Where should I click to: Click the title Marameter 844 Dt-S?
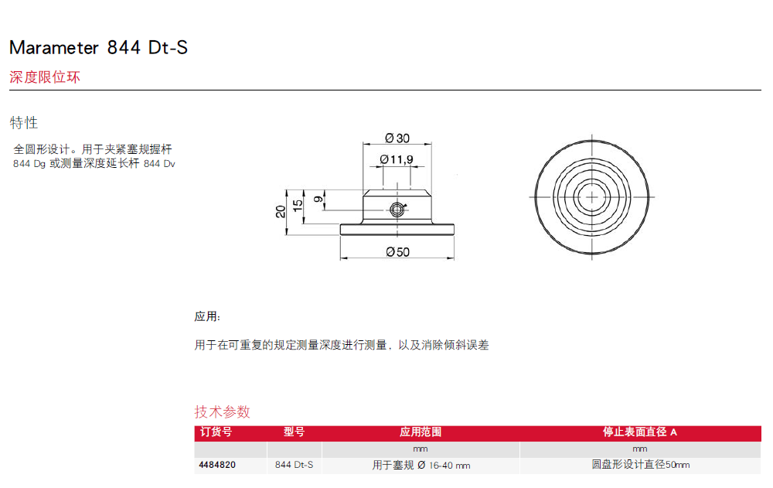(99, 47)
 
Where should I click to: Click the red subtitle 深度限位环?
(45, 77)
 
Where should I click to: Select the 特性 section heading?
(24, 122)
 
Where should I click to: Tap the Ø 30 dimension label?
(397, 138)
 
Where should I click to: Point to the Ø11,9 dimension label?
(397, 159)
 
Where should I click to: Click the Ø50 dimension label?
(398, 252)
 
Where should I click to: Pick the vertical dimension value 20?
(281, 212)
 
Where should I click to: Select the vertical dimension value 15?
(298, 206)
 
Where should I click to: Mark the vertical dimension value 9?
(318, 200)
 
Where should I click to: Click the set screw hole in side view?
(397, 210)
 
